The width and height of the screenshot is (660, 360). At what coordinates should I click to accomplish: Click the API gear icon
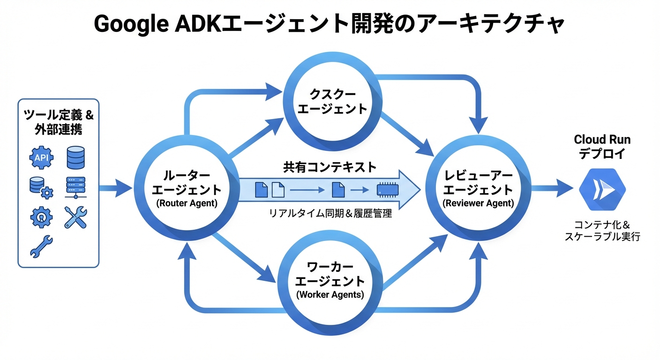pos(41,157)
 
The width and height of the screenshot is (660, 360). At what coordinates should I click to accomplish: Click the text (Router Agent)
pos(187,204)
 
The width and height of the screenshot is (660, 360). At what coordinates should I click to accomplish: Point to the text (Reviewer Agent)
pos(478,204)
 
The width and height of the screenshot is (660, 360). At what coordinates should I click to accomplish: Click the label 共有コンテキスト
pos(330,166)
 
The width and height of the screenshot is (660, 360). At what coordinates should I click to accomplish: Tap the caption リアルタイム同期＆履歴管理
pos(330,214)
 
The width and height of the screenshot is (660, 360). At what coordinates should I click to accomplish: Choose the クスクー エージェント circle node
pos(332,101)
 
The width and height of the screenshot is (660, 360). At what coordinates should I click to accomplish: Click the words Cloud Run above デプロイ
pos(602,140)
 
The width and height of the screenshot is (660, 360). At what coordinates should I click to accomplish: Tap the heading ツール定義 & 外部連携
pos(58,122)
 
